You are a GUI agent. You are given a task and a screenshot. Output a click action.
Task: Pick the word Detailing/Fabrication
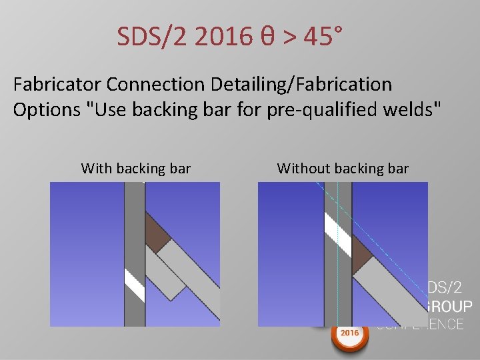coord(298,85)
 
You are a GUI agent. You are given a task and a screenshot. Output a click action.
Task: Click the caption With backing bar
coord(136,169)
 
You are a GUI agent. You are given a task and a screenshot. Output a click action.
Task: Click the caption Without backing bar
coord(343,169)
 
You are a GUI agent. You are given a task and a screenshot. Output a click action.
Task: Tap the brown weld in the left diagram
coord(158,234)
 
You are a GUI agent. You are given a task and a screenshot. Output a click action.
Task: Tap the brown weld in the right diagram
coord(365,254)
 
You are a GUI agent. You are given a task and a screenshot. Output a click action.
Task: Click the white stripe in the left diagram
coord(135,285)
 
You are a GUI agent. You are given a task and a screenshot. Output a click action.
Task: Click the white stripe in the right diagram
coord(339,229)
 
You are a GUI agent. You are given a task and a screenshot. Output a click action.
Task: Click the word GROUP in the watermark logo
coord(445,307)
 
